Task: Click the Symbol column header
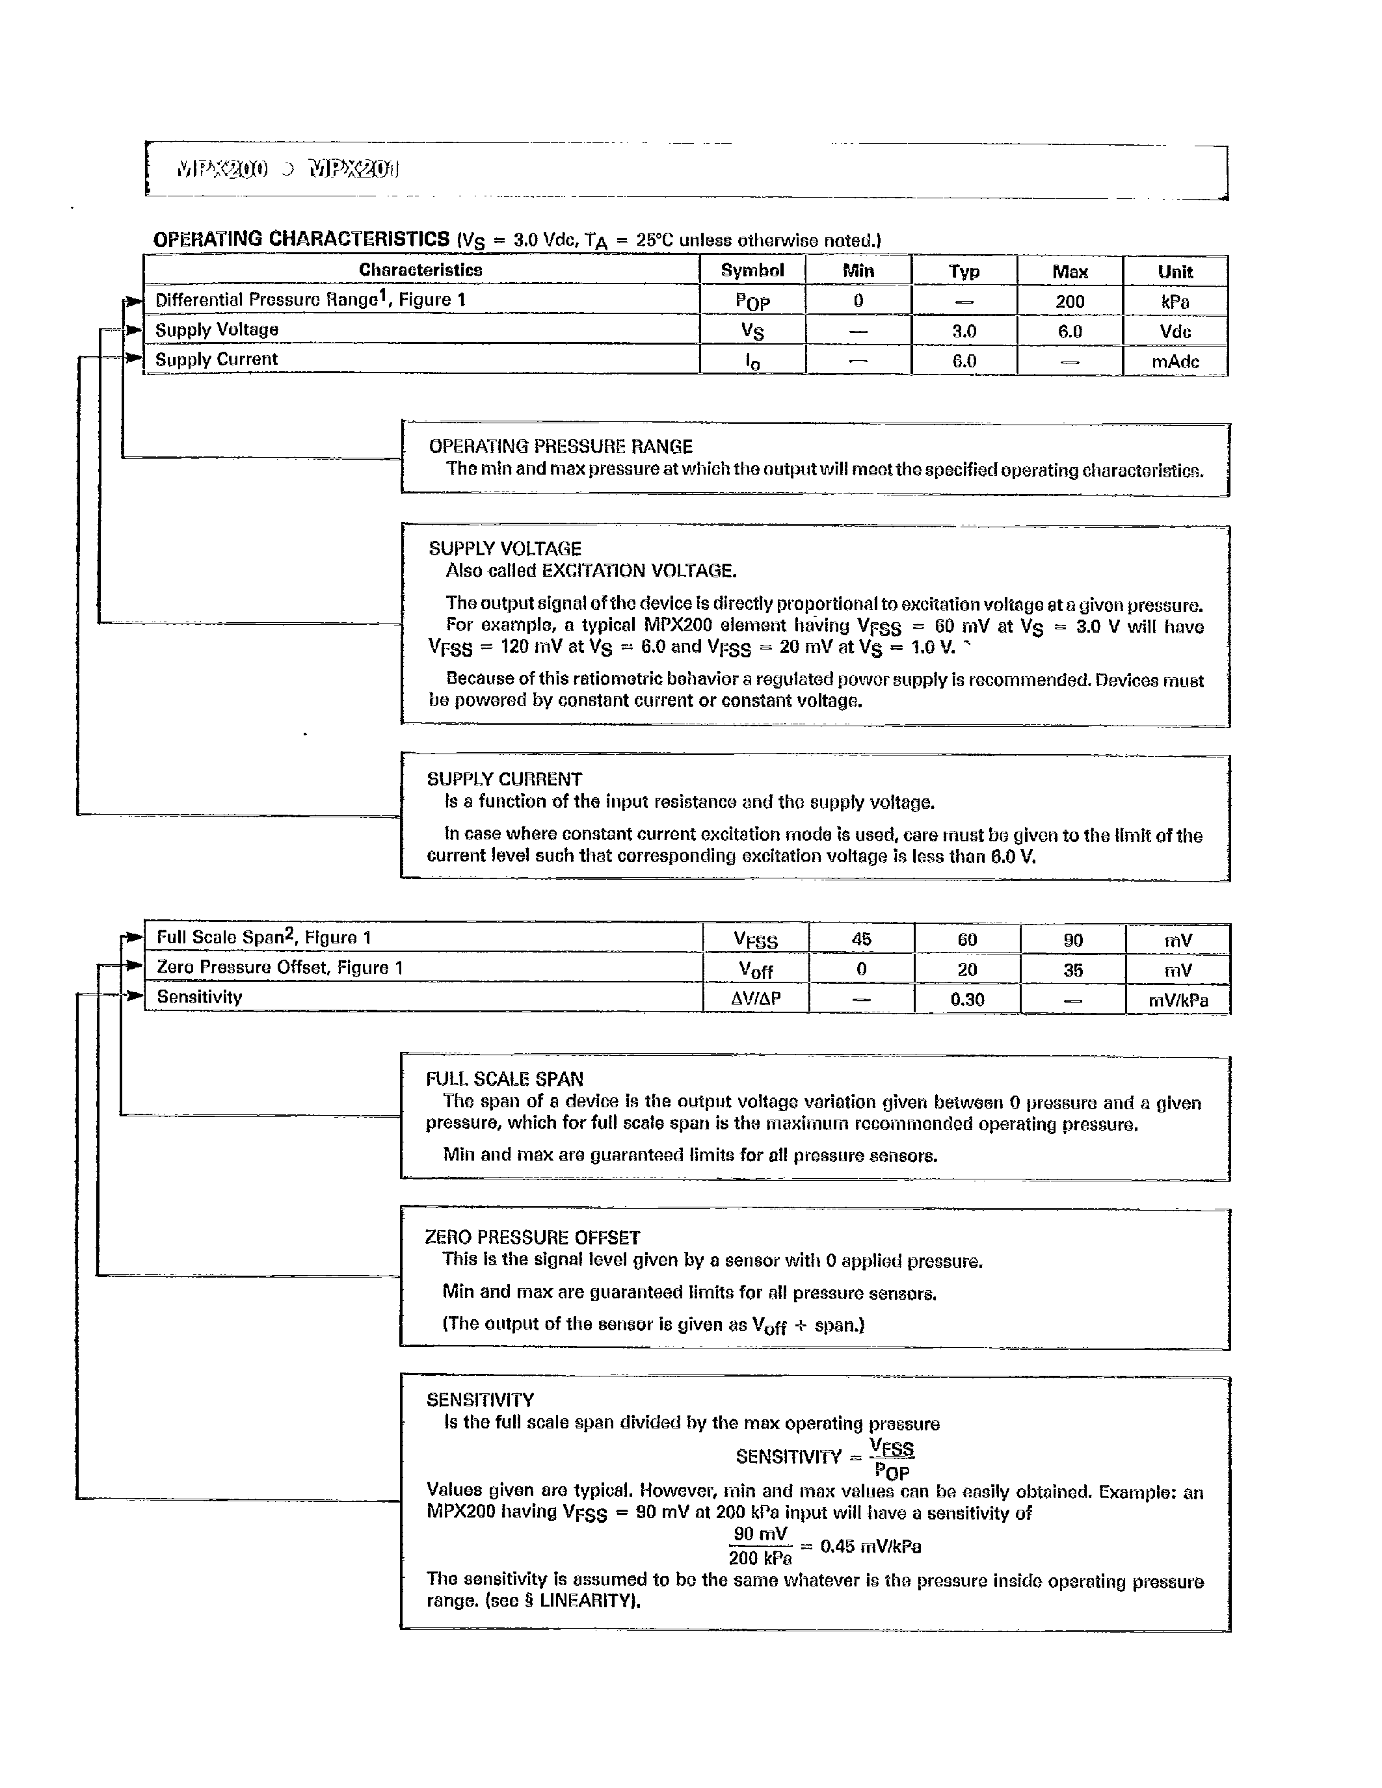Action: (x=752, y=271)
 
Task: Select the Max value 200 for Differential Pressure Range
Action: (x=1069, y=301)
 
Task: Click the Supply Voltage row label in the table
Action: (x=217, y=330)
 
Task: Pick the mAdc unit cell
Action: (x=1175, y=361)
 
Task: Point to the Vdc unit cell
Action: (x=1175, y=332)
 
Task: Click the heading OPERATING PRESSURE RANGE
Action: (x=560, y=447)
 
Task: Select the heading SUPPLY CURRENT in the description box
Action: (x=504, y=780)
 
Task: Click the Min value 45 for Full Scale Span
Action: (x=860, y=939)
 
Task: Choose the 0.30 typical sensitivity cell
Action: (x=967, y=999)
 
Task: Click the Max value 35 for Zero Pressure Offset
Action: (x=1072, y=970)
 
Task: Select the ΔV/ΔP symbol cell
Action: (x=756, y=999)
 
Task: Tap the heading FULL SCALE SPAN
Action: (x=504, y=1079)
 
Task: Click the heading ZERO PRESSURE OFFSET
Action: (x=532, y=1237)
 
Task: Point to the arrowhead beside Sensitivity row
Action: (x=133, y=996)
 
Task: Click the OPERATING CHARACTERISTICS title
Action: (x=301, y=239)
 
